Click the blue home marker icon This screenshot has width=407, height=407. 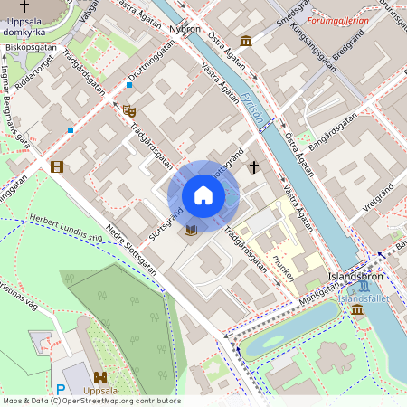[203, 195]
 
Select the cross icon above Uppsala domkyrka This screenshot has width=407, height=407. [36, 5]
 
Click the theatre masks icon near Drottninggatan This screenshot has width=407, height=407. [128, 110]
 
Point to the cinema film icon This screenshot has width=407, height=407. [58, 166]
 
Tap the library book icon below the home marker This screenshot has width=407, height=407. [190, 231]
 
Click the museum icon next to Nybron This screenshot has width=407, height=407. [246, 40]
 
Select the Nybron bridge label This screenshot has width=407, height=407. [185, 29]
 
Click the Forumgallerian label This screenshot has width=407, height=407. [338, 19]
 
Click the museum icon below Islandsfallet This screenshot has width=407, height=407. [357, 310]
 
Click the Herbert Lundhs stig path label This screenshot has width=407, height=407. [65, 230]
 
